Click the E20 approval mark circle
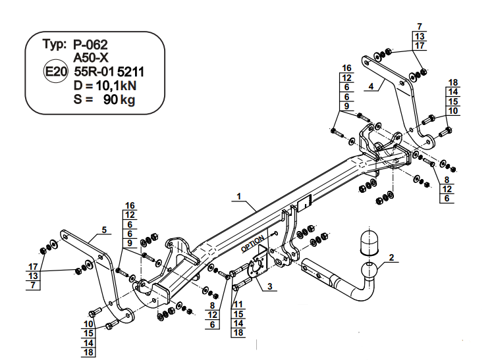click(55, 72)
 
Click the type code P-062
click(90, 45)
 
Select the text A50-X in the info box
click(91, 58)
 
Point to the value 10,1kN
click(114, 86)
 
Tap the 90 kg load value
click(119, 100)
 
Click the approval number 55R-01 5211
click(109, 72)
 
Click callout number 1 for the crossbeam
click(239, 196)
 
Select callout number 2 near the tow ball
click(391, 257)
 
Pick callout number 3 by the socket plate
click(269, 286)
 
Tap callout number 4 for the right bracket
click(371, 86)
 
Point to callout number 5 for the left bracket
click(104, 230)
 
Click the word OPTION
click(253, 244)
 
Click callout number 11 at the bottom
click(238, 304)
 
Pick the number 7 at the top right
click(420, 26)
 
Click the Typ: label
click(55, 44)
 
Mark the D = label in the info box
click(81, 86)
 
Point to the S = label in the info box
click(83, 99)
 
